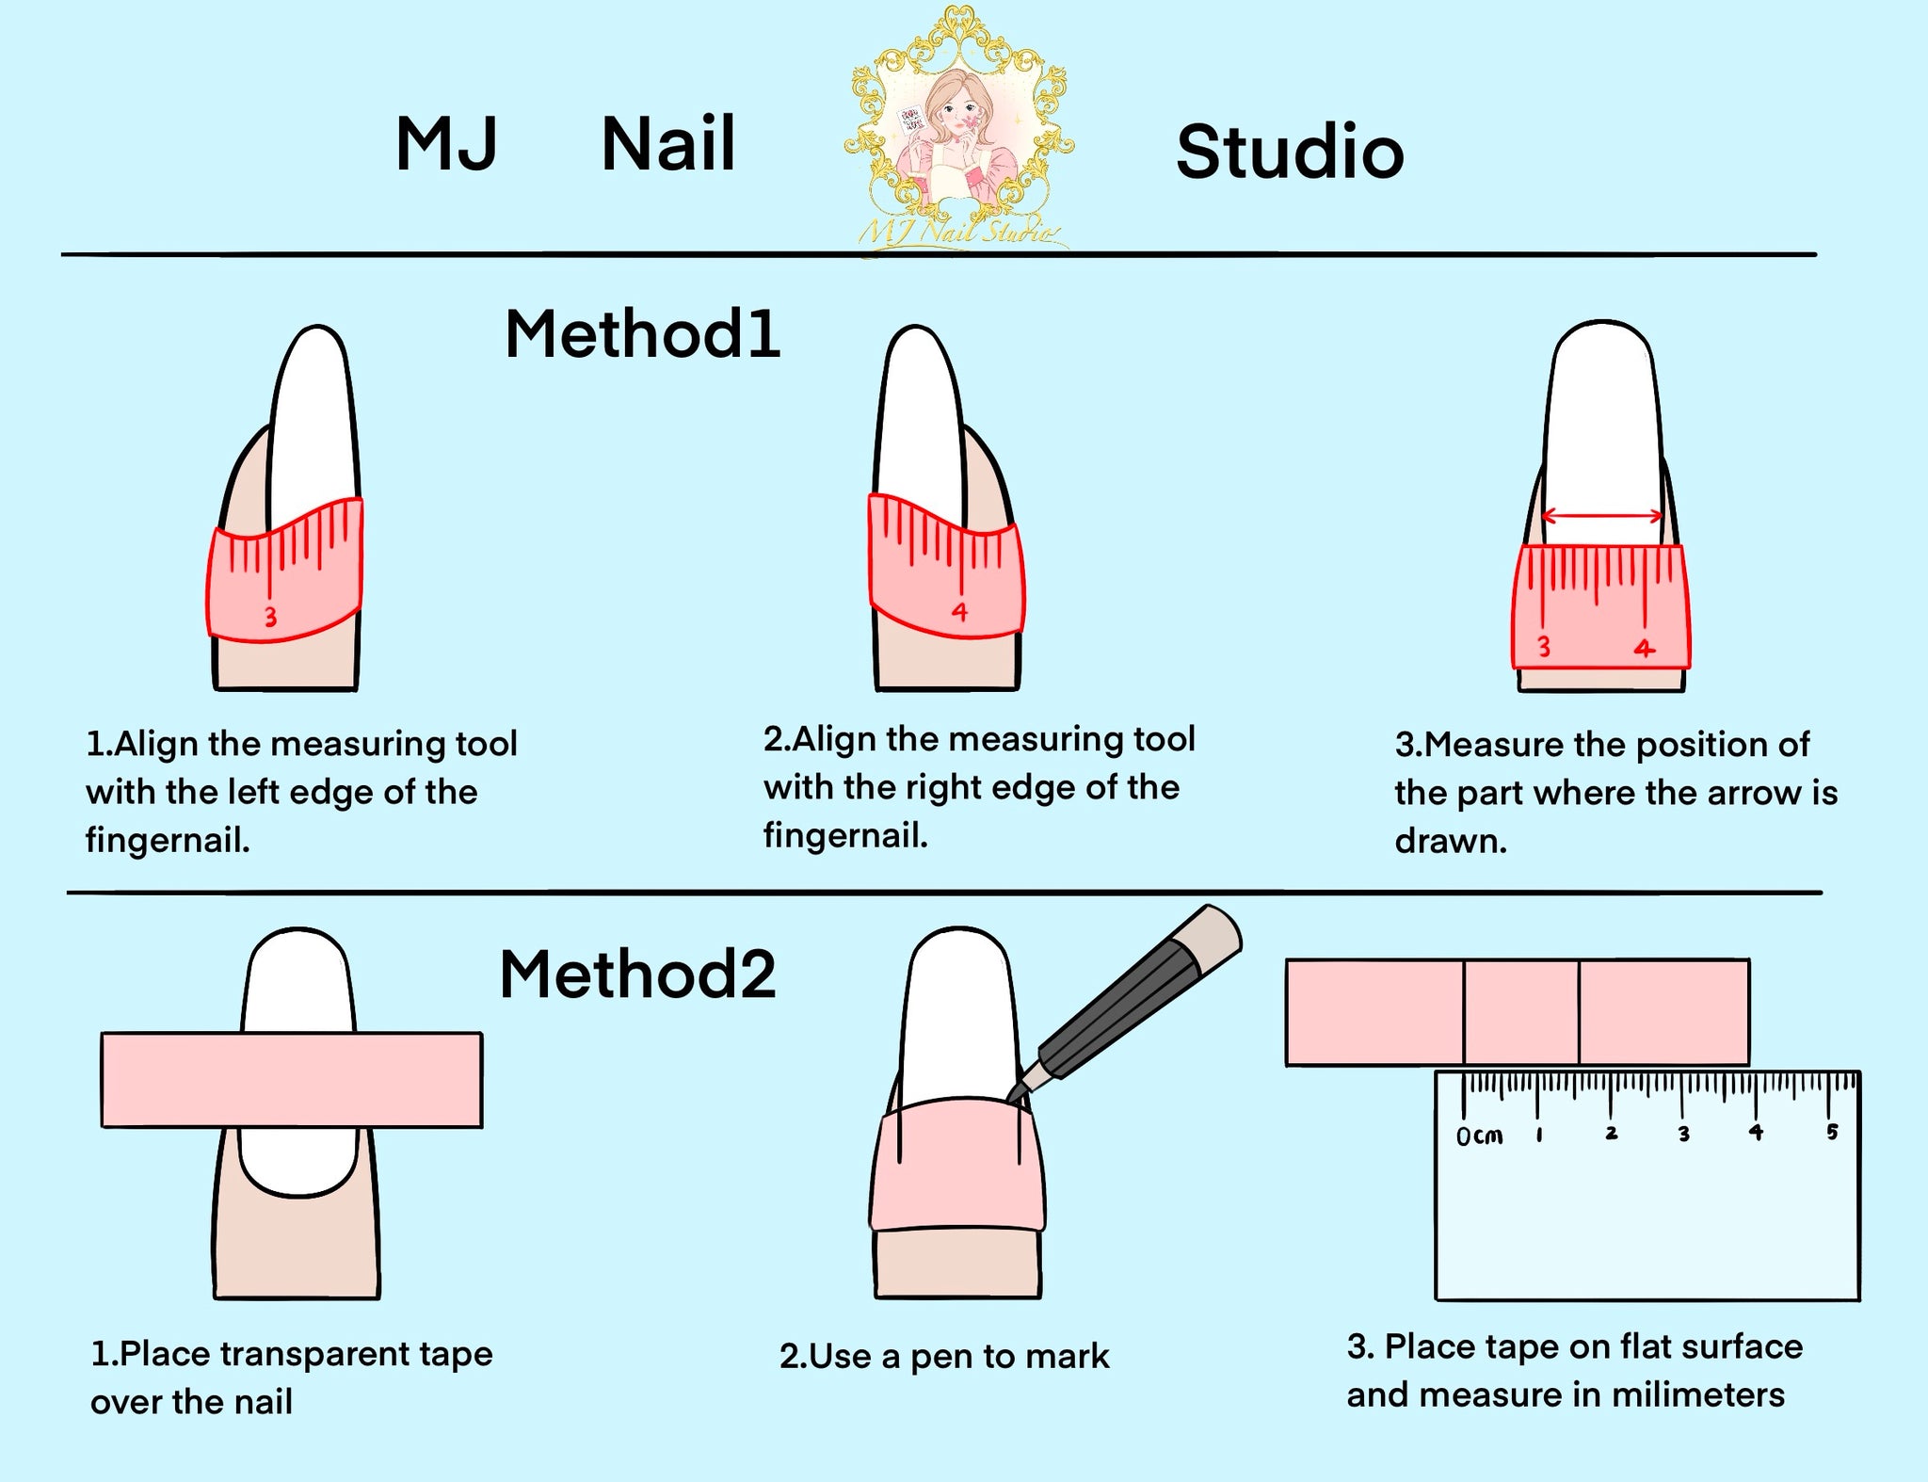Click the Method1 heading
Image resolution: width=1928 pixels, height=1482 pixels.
643,334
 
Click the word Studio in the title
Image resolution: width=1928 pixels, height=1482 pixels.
1290,152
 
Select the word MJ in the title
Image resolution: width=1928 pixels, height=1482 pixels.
446,143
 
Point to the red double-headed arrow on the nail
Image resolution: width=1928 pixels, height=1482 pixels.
1602,516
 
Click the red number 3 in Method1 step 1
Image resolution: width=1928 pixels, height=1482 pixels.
270,618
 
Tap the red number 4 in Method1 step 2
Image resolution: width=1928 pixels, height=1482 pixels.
959,612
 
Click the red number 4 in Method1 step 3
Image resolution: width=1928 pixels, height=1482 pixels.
1644,649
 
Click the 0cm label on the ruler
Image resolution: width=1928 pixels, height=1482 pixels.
1480,1136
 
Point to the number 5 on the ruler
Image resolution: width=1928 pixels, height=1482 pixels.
1832,1131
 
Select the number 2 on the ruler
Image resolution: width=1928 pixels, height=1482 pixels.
1612,1133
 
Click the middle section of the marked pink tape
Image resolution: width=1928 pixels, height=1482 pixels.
1521,1012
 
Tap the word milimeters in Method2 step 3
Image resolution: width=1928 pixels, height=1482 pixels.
1697,1394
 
